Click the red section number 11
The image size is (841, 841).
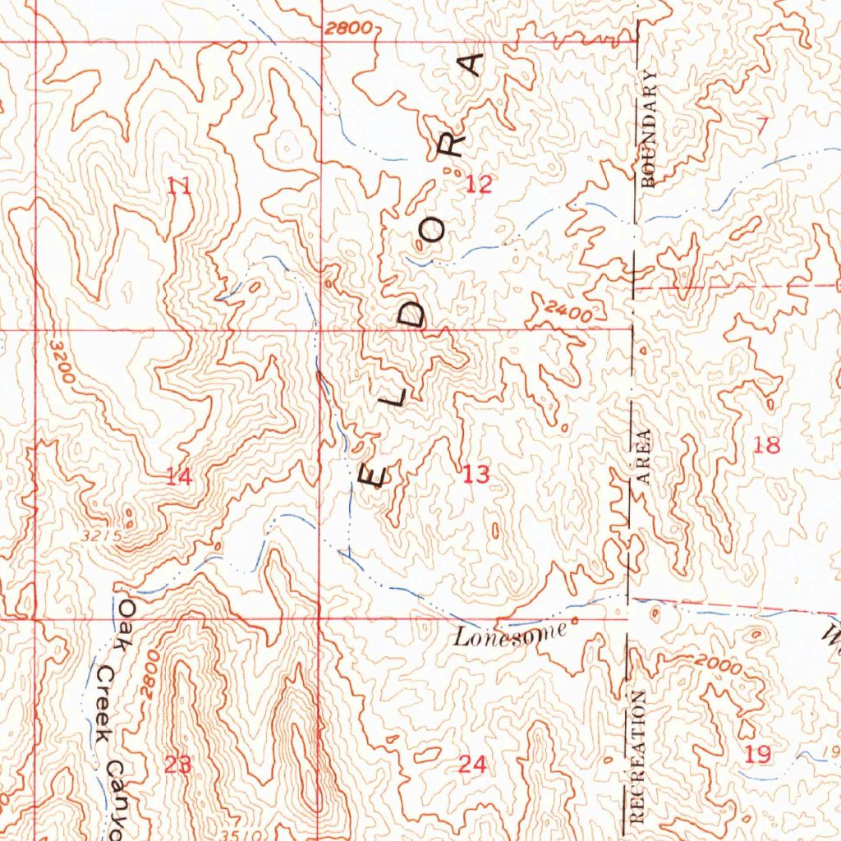click(179, 186)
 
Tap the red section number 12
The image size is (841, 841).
click(479, 184)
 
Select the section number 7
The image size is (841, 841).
click(761, 126)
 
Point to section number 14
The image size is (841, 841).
click(179, 476)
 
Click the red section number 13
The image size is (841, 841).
click(476, 474)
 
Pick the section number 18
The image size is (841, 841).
click(766, 445)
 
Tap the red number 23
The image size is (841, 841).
click(177, 765)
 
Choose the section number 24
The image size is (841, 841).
click(472, 765)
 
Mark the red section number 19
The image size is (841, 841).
click(758, 754)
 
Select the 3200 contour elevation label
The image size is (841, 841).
click(62, 361)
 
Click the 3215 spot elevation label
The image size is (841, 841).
click(102, 535)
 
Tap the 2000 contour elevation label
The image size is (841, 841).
click(716, 664)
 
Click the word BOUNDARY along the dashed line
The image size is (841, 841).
click(650, 129)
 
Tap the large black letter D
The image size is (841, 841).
click(417, 314)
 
